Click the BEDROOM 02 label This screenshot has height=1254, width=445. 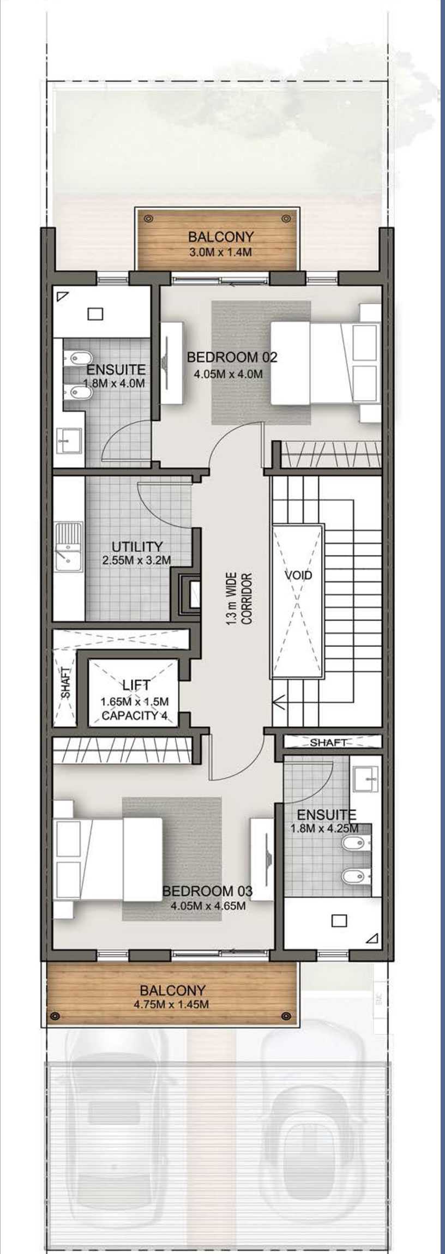coord(232,357)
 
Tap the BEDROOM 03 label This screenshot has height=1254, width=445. coord(207,891)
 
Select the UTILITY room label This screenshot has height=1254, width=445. coord(137,546)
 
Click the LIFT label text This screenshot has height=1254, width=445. coord(136,685)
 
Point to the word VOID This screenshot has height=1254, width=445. coord(298,575)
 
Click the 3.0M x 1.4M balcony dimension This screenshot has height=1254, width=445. coord(220,252)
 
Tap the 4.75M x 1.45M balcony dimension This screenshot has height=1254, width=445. coord(171,1004)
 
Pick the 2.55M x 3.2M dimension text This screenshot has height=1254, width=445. coord(136,560)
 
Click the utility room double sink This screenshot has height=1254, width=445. coord(68,547)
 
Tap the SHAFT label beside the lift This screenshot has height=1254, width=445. coord(66,683)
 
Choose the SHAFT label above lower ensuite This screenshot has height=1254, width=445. coord(328,743)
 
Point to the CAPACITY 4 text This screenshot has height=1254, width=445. coord(135,716)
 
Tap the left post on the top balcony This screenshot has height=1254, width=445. coord(148,219)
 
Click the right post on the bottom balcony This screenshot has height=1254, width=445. coord(285,1015)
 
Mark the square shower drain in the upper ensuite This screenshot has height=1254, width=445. coord(95,314)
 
